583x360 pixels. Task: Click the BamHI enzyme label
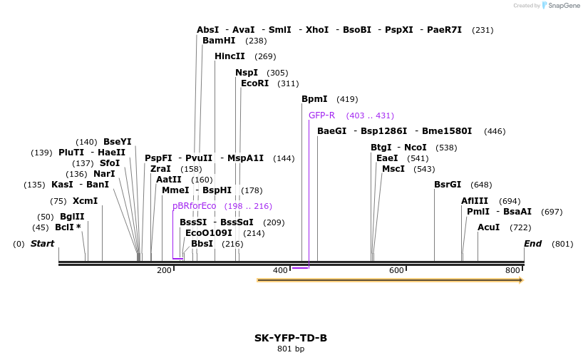pos(218,41)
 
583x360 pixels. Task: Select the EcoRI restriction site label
pos(254,83)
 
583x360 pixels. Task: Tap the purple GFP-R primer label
pos(321,115)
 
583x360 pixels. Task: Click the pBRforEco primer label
pos(194,206)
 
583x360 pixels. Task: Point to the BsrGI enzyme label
pos(448,185)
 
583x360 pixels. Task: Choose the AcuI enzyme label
pos(488,227)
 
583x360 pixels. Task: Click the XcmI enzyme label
pos(85,201)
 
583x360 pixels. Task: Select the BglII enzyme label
pos(72,217)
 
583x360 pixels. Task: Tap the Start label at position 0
pos(42,244)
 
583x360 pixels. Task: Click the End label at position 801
pos(532,244)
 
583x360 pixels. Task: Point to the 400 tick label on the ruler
pos(280,270)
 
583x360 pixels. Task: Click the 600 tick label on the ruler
pos(396,270)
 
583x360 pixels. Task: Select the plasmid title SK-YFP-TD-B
pos(291,338)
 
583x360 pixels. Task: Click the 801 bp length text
pos(291,349)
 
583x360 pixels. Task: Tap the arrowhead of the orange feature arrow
pos(521,280)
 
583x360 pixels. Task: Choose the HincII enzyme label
pos(229,56)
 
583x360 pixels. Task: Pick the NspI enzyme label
pos(247,73)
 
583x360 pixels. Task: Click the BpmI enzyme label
pos(314,99)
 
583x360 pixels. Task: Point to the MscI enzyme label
pos(393,169)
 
